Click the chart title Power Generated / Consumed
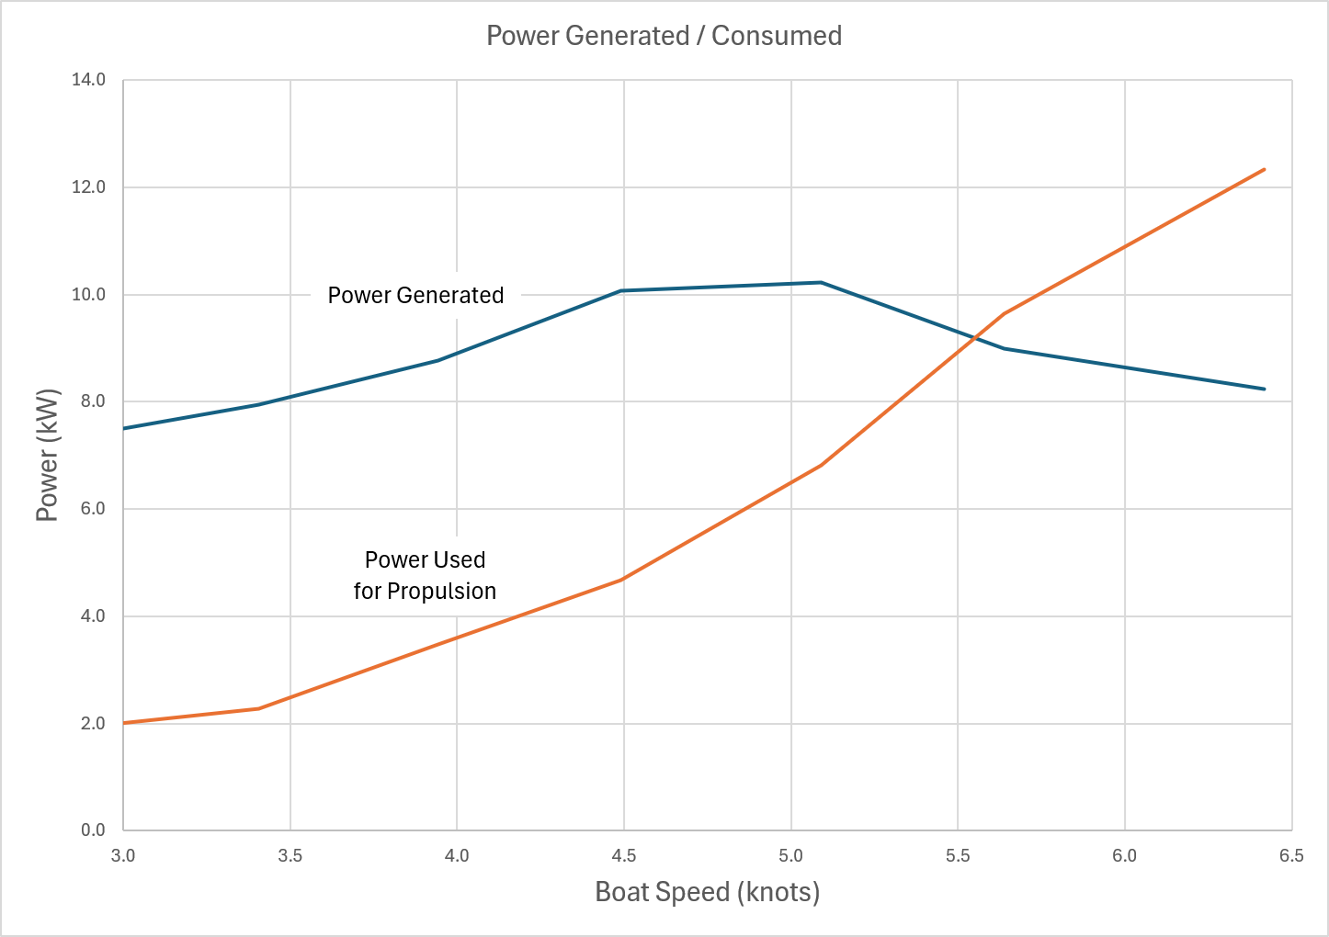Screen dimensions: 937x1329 664,36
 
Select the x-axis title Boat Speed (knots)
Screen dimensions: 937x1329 707,891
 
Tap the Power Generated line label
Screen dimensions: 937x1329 415,295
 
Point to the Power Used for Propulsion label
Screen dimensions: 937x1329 425,575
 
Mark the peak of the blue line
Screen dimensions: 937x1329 821,282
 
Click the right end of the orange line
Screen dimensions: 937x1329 1265,169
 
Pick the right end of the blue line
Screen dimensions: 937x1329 1265,389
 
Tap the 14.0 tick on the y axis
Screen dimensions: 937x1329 89,80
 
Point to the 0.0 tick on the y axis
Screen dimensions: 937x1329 93,830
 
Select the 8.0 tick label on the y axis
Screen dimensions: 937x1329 93,401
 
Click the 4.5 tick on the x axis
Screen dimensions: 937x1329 623,855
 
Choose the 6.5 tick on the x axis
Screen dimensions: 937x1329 1290,855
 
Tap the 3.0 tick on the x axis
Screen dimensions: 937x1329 123,855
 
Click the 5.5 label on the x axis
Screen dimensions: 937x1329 957,855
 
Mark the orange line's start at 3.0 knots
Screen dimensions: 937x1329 124,723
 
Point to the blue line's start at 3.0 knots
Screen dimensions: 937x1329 124,428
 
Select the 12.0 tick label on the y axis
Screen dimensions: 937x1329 89,187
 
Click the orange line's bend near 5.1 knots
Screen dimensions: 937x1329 821,465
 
